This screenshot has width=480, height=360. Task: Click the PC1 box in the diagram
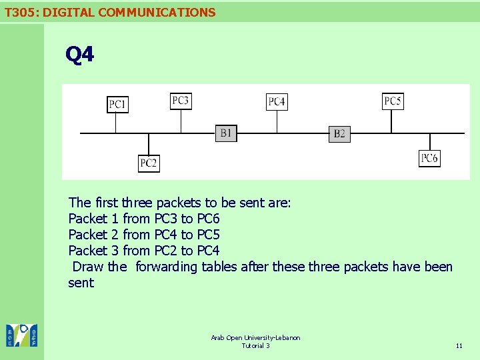coord(118,105)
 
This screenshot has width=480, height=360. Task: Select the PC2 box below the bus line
coord(149,163)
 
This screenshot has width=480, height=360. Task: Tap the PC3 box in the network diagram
coord(181,101)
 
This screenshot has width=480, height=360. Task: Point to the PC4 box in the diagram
coord(277,101)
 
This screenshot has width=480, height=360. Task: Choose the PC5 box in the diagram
coord(393,101)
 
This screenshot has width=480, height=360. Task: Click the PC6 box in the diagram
coord(429,158)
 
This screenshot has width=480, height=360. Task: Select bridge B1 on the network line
coord(226,133)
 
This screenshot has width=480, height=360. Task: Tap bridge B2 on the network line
coord(339,134)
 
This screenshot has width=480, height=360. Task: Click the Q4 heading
coord(80,55)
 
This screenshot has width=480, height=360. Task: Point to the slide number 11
coord(459,345)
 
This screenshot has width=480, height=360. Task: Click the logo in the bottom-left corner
coord(22,335)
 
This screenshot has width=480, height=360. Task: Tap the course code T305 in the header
coord(19,12)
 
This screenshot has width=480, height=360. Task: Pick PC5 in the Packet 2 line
coord(209,235)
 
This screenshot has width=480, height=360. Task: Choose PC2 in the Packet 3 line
coord(166,251)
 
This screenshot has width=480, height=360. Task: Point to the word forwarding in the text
coord(167,267)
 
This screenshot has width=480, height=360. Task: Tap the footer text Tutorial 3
coord(255,345)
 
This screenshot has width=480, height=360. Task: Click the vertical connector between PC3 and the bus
coord(181,121)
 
